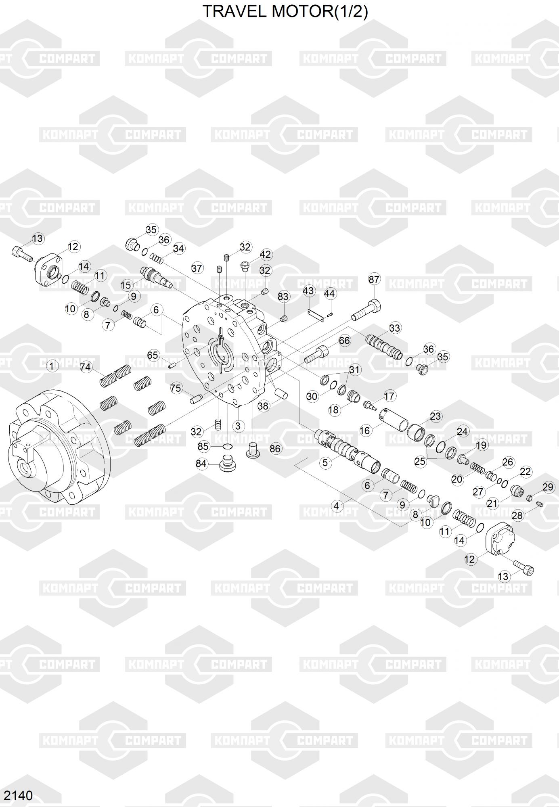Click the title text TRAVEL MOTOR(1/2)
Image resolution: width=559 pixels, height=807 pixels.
click(x=285, y=12)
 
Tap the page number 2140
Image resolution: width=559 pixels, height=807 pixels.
click(x=18, y=795)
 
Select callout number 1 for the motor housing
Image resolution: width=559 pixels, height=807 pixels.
click(x=52, y=366)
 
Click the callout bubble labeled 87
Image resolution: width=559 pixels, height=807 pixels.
click(x=374, y=279)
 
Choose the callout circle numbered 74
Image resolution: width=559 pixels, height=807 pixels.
click(x=86, y=367)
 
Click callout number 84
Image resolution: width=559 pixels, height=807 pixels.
click(x=201, y=464)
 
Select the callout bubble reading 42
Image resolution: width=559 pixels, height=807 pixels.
click(x=266, y=255)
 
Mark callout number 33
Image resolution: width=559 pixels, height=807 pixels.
click(x=395, y=328)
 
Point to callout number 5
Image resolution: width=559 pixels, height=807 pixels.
click(x=325, y=462)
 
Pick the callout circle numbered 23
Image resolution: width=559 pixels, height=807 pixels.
click(x=435, y=416)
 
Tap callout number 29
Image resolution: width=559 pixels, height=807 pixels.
click(x=548, y=487)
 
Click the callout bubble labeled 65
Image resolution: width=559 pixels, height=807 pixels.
click(x=153, y=355)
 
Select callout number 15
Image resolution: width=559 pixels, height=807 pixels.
click(x=126, y=285)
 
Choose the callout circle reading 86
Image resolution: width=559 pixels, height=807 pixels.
click(x=275, y=449)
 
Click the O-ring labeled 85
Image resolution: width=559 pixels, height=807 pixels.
click(x=227, y=446)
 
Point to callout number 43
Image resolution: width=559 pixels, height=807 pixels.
click(x=308, y=291)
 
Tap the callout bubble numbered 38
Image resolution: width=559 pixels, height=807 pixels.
click(x=263, y=406)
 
